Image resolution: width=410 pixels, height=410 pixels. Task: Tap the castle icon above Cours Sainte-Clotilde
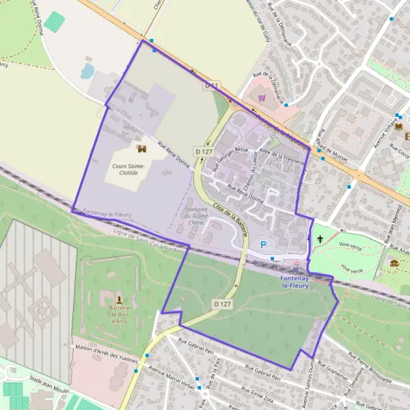[142, 150]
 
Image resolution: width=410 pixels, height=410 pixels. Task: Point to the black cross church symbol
[320, 239]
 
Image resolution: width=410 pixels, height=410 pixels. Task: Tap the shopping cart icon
[262, 98]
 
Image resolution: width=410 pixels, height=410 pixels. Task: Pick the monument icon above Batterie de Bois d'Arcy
[120, 299]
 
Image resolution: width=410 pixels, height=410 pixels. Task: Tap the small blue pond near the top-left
[88, 70]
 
